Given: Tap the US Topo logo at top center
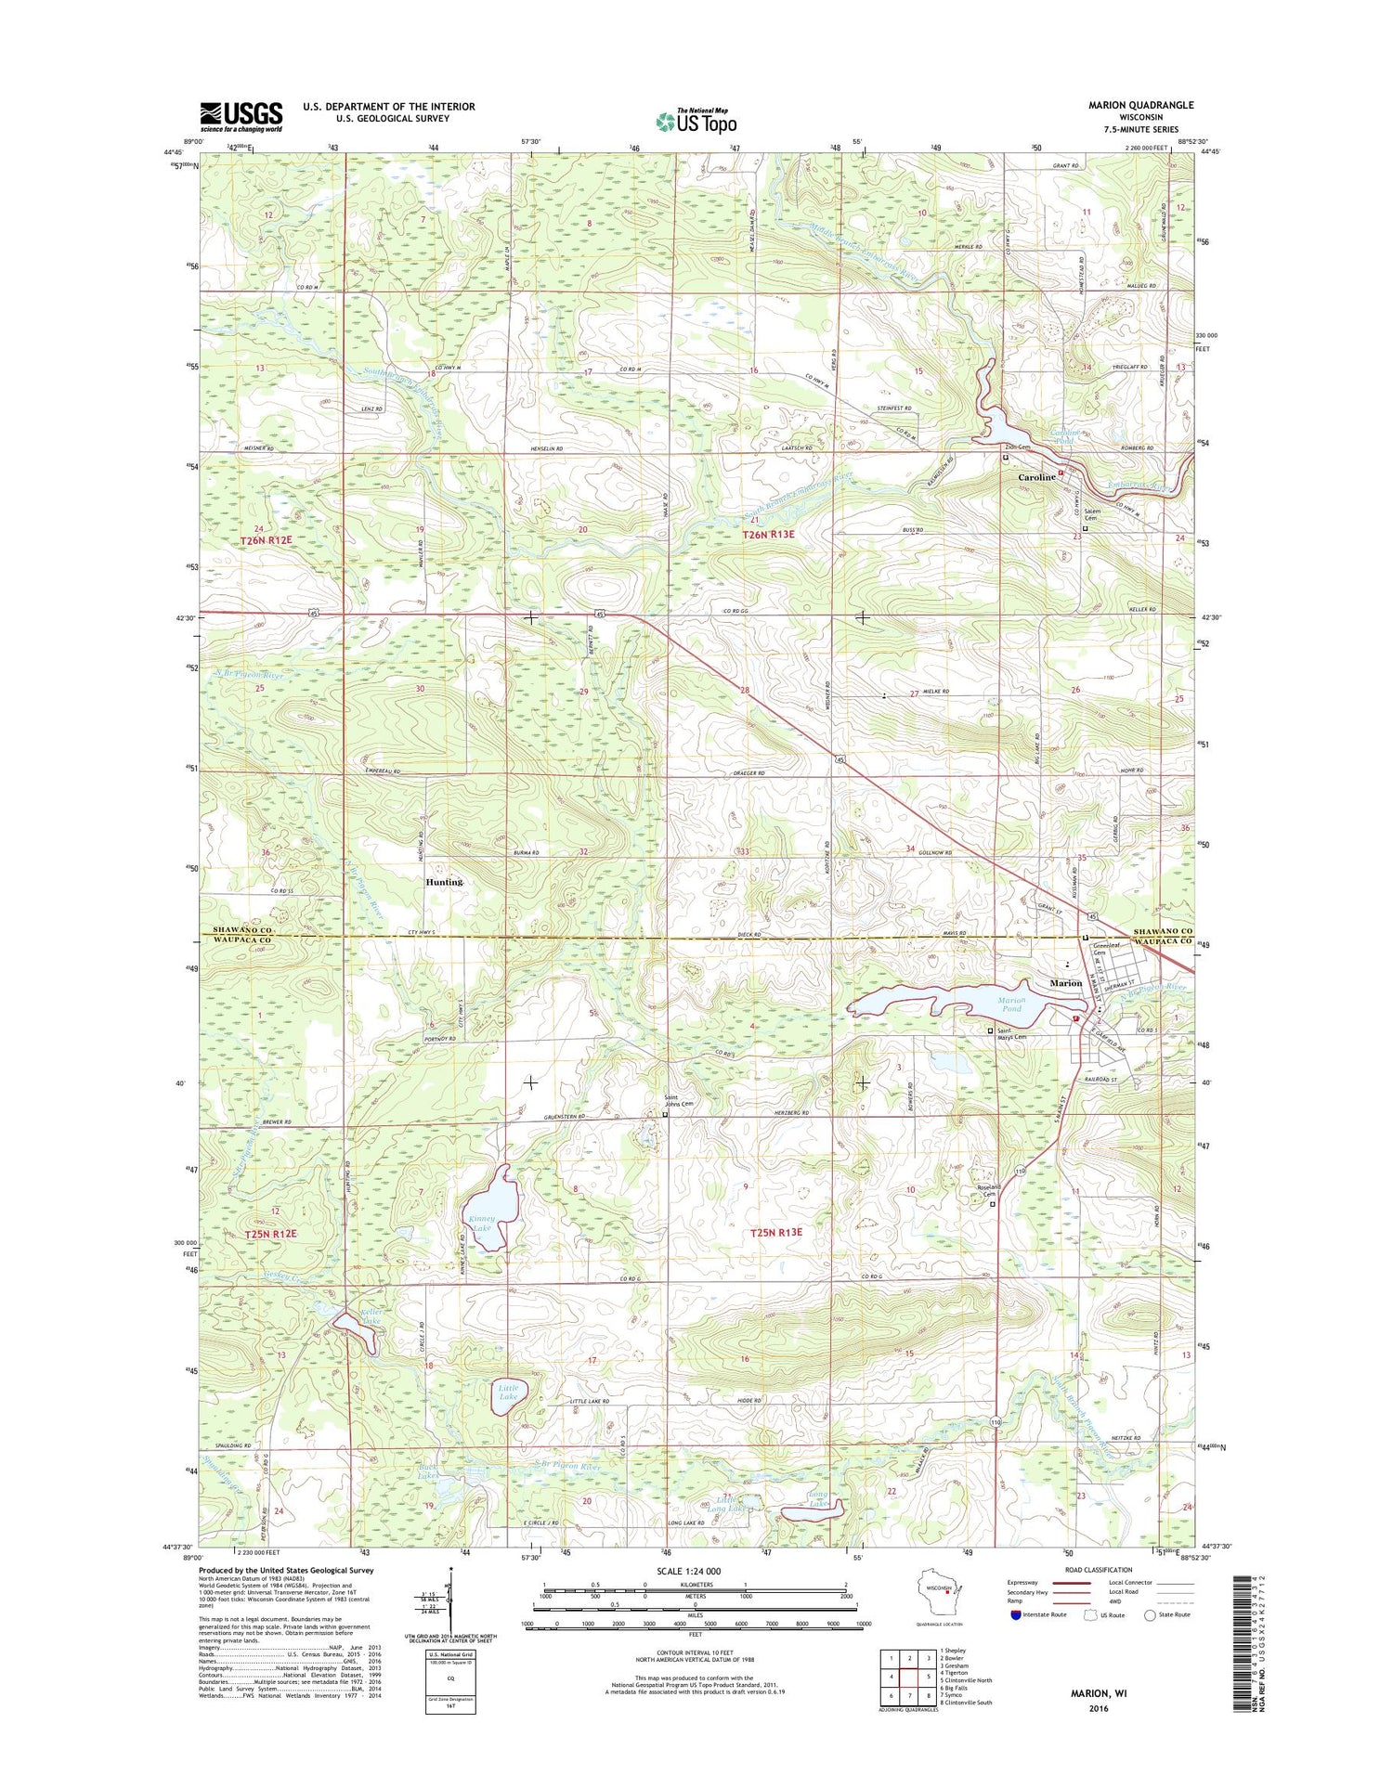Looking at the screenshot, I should pos(696,121).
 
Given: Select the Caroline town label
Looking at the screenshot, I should pos(1036,477).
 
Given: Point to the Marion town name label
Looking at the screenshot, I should pos(1065,983).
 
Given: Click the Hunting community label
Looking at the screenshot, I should pos(444,882).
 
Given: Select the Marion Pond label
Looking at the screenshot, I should pos(1010,1004).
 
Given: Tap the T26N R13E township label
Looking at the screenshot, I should pos(768,536).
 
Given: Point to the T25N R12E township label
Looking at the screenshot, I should pos(271,1234).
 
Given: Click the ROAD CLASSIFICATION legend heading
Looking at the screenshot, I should pos(1100,1570).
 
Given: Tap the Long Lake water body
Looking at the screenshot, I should pos(812,1514).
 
